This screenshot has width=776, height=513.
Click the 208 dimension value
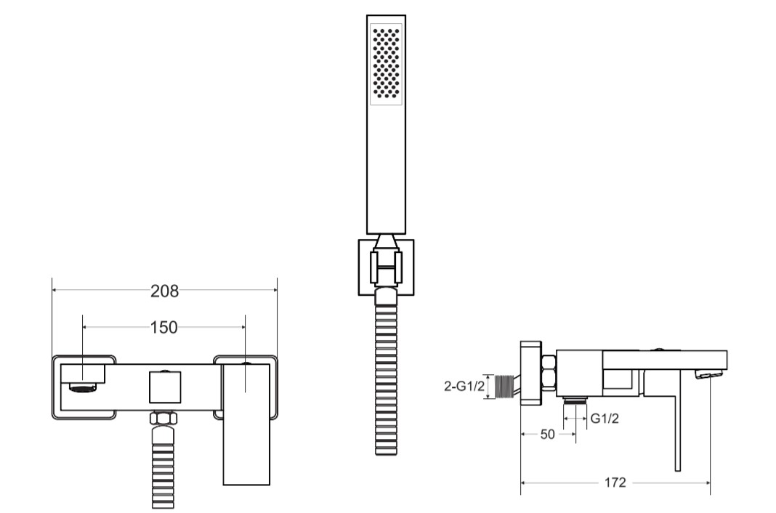[164, 291]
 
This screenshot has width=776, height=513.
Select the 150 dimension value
[163, 327]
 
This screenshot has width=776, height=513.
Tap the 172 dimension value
[615, 482]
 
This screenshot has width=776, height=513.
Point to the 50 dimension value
[547, 435]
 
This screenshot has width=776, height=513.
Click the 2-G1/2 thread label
[464, 387]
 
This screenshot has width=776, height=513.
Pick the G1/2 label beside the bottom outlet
[605, 419]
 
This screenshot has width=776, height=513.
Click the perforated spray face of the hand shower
[386, 64]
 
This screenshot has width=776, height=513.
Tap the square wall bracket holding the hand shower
[386, 267]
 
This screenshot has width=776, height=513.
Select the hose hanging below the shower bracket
[386, 371]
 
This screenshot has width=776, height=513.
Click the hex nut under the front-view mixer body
[163, 418]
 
